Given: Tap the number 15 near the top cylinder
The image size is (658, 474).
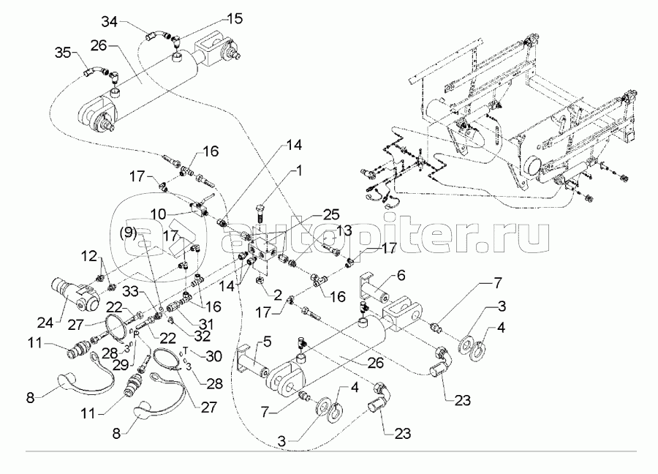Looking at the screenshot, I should pos(232,17).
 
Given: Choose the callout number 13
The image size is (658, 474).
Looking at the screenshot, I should pos(344,231).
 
